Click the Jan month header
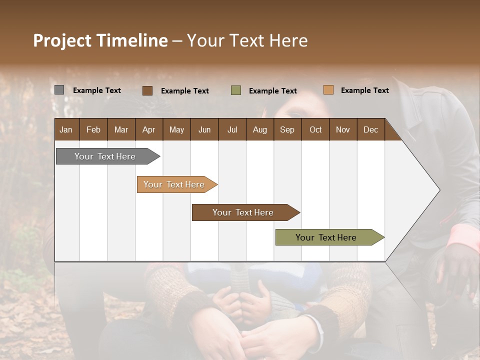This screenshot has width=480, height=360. [66, 129]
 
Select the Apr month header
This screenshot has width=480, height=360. [148, 129]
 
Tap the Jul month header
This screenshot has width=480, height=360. [232, 129]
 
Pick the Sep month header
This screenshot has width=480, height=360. [287, 129]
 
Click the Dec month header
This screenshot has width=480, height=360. [370, 129]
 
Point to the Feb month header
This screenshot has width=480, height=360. [93, 129]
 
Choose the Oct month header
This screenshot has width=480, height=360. [315, 129]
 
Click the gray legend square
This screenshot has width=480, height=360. [59, 90]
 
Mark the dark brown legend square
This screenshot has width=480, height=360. [147, 90]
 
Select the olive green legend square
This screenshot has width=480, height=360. [235, 90]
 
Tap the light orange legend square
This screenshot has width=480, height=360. [328, 90]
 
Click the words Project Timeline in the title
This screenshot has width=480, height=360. [100, 40]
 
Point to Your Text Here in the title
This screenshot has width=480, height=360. [247, 40]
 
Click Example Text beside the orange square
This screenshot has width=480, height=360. [364, 90]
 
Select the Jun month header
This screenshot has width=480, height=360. [204, 129]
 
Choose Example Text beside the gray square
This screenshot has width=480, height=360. [96, 90]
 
